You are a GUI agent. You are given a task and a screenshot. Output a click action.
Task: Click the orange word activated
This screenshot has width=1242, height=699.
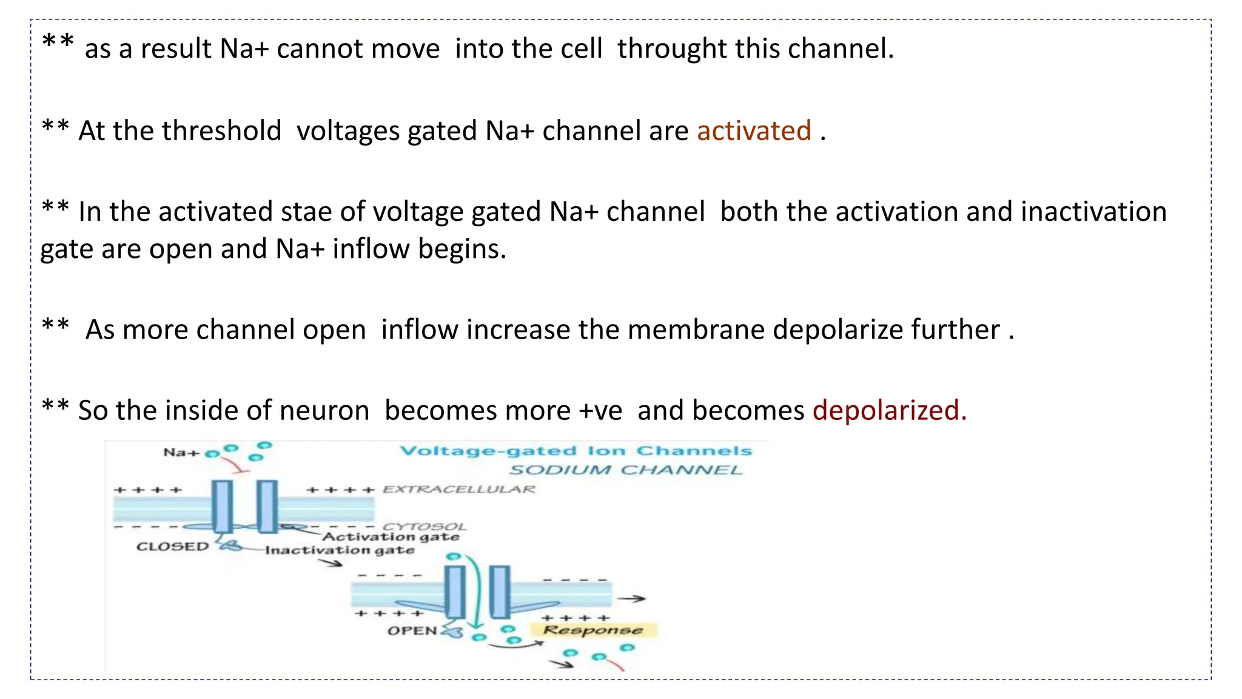(754, 131)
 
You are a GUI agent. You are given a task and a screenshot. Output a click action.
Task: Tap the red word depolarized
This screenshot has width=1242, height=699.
(889, 411)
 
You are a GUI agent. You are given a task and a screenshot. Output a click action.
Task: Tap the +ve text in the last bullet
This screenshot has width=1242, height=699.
(600, 411)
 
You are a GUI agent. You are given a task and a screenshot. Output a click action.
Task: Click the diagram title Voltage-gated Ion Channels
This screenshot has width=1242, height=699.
(576, 451)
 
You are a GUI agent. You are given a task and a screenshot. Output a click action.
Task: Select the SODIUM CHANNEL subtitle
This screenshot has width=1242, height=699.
(625, 470)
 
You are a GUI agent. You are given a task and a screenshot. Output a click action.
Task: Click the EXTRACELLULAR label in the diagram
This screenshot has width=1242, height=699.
(459, 489)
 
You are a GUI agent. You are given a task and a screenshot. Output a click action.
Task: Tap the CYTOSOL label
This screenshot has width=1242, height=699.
(424, 526)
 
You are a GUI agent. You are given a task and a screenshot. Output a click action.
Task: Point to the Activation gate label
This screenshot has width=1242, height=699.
(391, 537)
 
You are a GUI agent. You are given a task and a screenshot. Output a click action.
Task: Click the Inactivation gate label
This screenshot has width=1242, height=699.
(340, 550)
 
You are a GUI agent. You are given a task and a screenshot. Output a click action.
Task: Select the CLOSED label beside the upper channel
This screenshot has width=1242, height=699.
(172, 547)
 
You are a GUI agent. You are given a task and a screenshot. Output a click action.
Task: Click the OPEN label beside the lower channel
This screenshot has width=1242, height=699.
(412, 631)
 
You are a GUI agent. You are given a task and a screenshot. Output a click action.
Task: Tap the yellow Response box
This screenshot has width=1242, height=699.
(592, 630)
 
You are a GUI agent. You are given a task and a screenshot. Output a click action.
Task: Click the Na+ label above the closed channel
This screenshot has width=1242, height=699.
(181, 453)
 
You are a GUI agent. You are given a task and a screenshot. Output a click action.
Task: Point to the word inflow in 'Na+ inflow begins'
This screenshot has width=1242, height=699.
(371, 249)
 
